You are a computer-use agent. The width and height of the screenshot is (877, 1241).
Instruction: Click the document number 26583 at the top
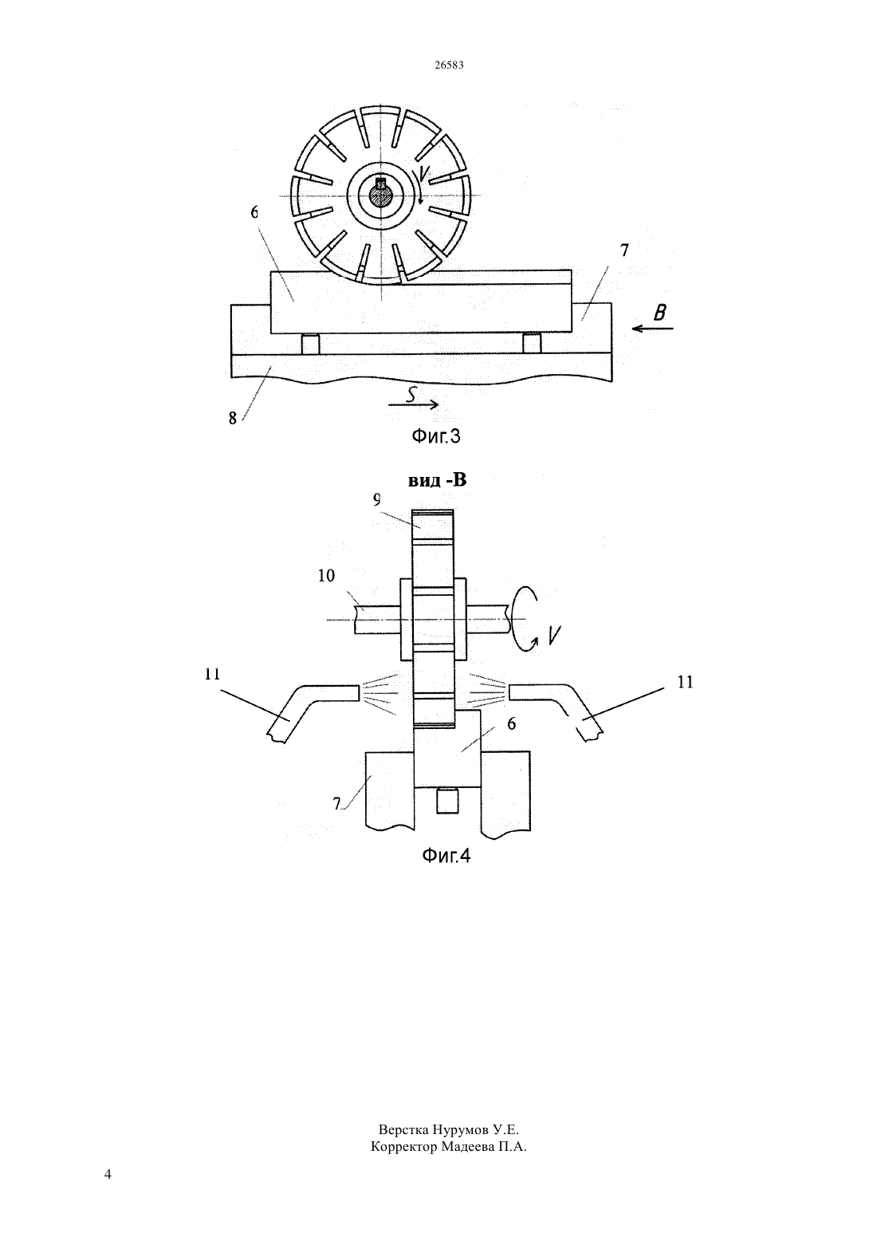[x=449, y=65]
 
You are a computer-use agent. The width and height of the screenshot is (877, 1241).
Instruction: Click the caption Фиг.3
[x=436, y=436]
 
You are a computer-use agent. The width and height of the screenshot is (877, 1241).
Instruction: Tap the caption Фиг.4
[x=446, y=856]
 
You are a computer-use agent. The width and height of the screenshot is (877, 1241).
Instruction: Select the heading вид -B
[x=438, y=480]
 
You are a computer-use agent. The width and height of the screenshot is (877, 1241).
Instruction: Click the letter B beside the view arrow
[x=659, y=313]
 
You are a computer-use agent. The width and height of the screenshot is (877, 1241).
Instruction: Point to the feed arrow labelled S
[x=414, y=404]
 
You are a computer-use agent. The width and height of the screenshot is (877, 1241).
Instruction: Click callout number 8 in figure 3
[x=233, y=418]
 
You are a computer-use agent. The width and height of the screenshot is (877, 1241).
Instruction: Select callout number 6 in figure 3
[x=254, y=212]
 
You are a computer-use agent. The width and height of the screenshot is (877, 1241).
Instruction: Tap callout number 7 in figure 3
[x=624, y=250]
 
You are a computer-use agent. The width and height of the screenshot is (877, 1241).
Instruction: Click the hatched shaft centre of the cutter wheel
[x=381, y=196]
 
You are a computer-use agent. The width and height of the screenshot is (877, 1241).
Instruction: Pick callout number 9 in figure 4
[x=377, y=500]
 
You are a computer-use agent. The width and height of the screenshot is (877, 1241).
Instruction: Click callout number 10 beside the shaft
[x=326, y=576]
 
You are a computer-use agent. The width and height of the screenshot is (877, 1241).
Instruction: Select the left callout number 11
[x=212, y=674]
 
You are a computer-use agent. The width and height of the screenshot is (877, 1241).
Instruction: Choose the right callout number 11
[x=686, y=682]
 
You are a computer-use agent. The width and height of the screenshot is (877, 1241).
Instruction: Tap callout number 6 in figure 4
[x=511, y=723]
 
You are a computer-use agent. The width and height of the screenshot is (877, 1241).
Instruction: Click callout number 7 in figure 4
[x=336, y=803]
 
